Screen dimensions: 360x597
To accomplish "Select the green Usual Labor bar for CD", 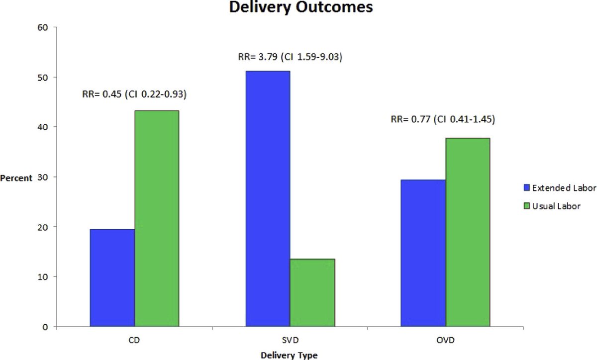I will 157,218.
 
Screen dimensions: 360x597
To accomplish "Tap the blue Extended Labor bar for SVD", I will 268,199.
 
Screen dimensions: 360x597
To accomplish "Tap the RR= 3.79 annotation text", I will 290,57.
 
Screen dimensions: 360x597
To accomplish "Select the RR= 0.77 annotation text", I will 443,119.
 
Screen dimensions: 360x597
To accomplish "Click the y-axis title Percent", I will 16,178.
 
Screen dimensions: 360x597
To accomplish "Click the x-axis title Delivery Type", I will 289,355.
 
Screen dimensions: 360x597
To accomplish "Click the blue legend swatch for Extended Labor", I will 527,188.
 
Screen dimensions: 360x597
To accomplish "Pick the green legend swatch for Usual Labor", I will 527,205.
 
